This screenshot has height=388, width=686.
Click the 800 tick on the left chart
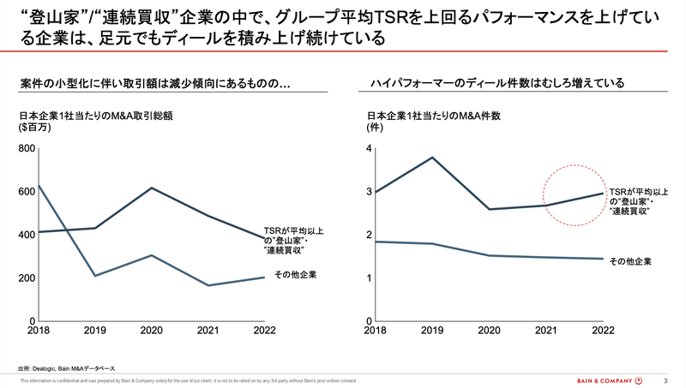pos(25,149)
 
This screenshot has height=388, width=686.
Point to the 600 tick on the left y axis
pos(25,192)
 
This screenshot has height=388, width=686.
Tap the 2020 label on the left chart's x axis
pos(151,331)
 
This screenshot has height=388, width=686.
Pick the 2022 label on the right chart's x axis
pos(602,331)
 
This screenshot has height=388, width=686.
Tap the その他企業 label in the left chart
pos(296,275)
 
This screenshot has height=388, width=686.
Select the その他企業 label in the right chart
pos(630,260)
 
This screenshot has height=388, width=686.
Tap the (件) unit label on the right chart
pos(374,128)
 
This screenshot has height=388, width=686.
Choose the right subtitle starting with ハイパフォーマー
pos(496,83)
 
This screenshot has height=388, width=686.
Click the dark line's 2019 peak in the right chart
pos(430,158)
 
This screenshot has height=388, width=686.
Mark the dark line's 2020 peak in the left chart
pos(151,188)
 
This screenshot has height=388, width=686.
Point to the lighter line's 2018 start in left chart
pos(39,185)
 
